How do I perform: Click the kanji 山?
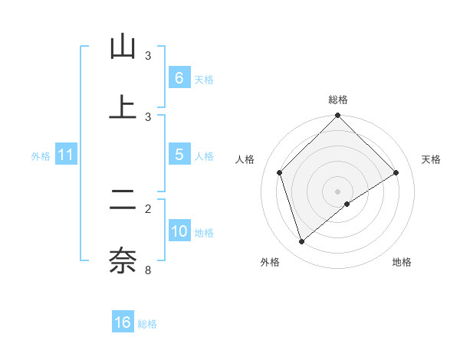[x=123, y=47]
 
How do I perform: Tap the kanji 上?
[x=123, y=107]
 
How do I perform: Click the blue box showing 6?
[x=179, y=78]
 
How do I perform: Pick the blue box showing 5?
[x=179, y=155]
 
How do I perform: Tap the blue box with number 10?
[x=179, y=231]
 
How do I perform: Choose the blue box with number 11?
[x=65, y=155]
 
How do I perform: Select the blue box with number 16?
[x=123, y=322]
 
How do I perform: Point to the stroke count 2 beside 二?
[x=148, y=208]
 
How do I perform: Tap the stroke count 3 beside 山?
[x=148, y=56]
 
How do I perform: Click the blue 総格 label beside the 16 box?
[x=147, y=324]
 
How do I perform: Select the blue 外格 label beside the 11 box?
[x=41, y=155]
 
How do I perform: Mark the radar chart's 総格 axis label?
[x=338, y=100]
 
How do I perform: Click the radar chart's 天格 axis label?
[x=432, y=159]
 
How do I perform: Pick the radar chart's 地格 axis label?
[x=402, y=262]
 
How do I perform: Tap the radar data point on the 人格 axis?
[x=280, y=172]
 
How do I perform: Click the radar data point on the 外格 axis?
[x=302, y=242]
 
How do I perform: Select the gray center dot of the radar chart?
[x=338, y=191]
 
